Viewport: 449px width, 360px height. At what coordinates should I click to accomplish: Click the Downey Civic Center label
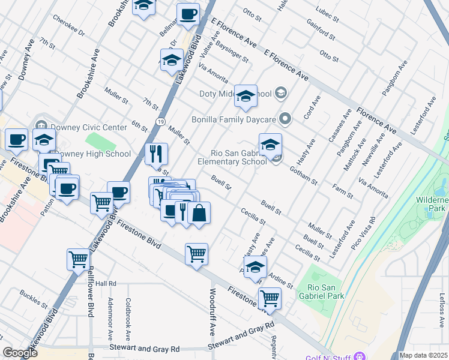(89, 127)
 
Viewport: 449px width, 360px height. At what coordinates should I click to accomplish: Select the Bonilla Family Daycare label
(234, 119)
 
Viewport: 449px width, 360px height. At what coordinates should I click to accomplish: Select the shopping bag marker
(199, 213)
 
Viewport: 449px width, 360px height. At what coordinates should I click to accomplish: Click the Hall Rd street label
(104, 283)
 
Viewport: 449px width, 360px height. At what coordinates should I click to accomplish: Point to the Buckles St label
(34, 298)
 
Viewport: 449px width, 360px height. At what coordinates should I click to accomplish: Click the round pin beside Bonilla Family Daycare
(286, 119)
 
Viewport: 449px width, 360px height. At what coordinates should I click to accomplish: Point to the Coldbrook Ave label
(128, 317)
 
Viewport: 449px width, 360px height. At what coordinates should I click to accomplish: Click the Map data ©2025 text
(423, 355)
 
